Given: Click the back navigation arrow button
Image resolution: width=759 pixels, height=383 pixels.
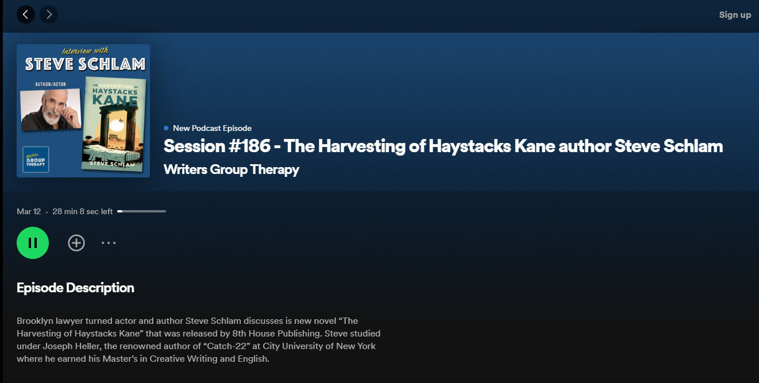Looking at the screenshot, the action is [26, 14].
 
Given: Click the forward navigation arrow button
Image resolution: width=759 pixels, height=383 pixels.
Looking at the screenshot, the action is [49, 14].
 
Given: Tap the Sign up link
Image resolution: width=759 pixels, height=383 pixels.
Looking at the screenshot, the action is [735, 15].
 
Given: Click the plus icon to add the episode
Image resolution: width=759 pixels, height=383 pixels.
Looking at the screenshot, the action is [76, 243].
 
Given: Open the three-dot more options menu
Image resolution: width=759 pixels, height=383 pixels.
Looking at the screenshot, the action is [109, 243].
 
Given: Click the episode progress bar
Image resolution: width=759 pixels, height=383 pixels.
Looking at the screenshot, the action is [142, 211].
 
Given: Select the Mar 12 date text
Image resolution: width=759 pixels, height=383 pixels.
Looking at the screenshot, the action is [29, 212].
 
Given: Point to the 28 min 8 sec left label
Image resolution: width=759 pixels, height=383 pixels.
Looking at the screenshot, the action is [82, 212].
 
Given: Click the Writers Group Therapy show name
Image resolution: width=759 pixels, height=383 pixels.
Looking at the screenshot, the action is [231, 169].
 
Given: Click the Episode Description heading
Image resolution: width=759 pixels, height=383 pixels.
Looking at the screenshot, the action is [75, 288].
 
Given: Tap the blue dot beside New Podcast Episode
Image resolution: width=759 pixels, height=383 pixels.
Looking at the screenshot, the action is [166, 128].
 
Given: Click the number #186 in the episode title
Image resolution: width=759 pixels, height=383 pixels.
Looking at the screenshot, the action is [250, 146].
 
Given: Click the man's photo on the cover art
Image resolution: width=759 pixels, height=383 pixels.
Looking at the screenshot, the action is [51, 109].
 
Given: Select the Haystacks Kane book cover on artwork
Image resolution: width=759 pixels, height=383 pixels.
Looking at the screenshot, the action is [114, 123].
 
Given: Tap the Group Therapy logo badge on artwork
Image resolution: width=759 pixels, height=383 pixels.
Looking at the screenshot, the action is [36, 160].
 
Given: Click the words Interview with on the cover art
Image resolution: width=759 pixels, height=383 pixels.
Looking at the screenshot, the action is [85, 51].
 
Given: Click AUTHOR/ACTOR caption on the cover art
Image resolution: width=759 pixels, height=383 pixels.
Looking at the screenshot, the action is [51, 84].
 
